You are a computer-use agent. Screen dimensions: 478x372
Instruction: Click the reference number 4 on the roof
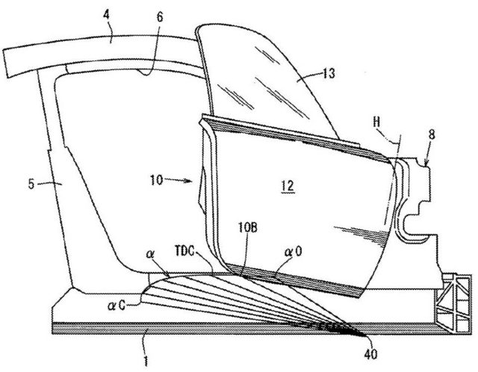coord(106,15)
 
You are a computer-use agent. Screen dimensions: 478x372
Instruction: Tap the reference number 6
coord(160,16)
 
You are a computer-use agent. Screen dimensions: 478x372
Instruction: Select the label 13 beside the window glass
coord(329,73)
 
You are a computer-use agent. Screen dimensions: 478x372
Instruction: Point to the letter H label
coord(376,123)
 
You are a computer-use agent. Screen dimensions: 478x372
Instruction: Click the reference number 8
coord(432,134)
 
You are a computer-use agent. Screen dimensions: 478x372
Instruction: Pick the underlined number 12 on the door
coord(288,186)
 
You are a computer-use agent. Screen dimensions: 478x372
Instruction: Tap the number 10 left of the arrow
coord(156,180)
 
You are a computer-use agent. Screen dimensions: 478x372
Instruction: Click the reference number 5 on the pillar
coord(31,184)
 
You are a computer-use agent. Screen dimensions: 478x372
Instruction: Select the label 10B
coord(248,228)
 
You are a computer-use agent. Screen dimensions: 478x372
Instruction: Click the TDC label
coord(184,251)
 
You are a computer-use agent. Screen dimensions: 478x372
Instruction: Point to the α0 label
coord(294,252)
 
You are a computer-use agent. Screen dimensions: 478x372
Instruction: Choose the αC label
coord(117,306)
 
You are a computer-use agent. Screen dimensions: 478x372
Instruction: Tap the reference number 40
coord(370,354)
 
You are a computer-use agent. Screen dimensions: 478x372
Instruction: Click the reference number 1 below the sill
coord(146,361)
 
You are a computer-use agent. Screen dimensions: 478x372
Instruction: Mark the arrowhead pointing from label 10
coord(189,181)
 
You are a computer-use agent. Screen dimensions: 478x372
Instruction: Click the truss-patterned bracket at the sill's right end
coord(453,304)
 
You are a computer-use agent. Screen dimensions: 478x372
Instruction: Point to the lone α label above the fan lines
coord(149,254)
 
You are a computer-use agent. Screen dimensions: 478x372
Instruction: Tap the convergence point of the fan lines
coord(364,335)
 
